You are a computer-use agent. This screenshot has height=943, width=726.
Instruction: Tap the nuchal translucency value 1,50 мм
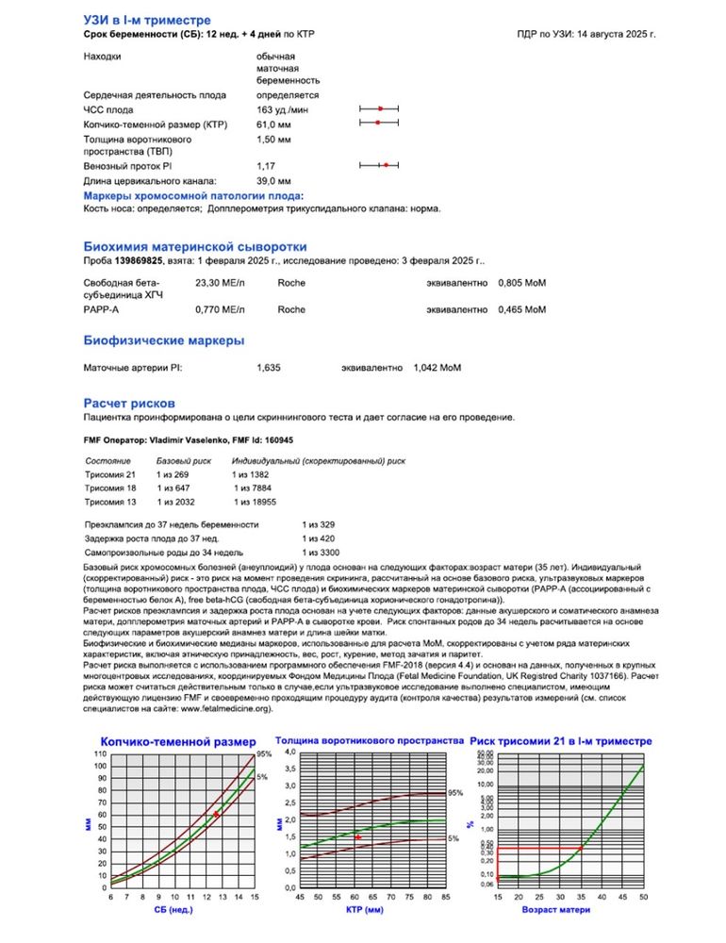pos(273,139)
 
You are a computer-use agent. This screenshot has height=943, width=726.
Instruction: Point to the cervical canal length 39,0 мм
pos(273,180)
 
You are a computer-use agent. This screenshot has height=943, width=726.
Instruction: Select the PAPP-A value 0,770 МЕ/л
pos(220,308)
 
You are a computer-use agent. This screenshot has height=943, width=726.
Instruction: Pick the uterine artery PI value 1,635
pos(269,367)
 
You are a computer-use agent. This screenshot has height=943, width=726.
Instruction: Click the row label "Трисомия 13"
pos(111,503)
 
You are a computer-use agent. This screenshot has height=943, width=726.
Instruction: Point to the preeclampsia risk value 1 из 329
pos(319,523)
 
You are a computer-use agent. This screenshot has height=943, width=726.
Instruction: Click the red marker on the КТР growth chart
pos(216,814)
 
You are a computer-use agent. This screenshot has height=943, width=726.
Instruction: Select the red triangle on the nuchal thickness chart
pos(357,836)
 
